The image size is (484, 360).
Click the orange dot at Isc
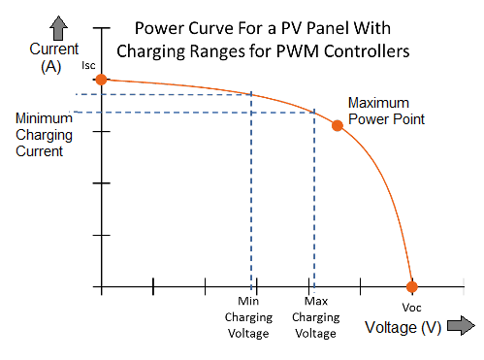tap(101, 80)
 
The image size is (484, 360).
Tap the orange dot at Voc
tap(411, 286)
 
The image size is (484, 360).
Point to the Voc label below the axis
tap(411, 306)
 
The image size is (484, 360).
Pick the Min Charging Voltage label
tap(249, 316)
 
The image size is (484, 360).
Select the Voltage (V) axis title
tap(403, 327)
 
